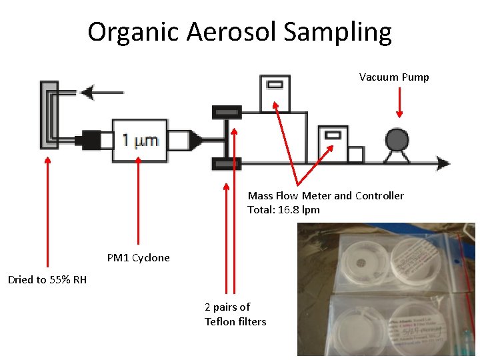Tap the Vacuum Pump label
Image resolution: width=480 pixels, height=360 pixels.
tap(394, 77)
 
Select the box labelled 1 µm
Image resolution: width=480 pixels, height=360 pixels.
tap(139, 139)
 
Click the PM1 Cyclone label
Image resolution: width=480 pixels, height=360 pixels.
tap(139, 258)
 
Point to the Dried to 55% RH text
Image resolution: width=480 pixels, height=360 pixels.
tap(47, 279)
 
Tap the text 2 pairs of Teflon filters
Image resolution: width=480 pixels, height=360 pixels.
tap(235, 314)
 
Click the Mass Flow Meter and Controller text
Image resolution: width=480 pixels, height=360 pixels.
tap(325, 195)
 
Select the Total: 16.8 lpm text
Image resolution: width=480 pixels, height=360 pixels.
tap(283, 210)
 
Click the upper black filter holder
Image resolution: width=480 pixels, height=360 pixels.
tap(227, 109)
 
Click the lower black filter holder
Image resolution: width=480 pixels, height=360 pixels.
tap(227, 163)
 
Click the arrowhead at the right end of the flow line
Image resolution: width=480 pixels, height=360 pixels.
tap(443, 163)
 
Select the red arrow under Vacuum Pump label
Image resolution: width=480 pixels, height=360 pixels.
tap(399, 103)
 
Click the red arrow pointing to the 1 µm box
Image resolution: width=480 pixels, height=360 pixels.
tap(138, 200)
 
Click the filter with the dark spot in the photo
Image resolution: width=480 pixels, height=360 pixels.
tap(363, 263)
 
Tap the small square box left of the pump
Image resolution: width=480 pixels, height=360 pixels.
tap(355, 155)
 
